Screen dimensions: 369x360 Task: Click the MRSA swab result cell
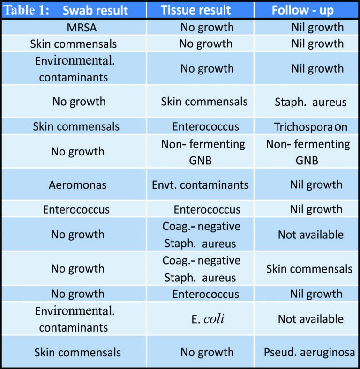(x=82, y=27)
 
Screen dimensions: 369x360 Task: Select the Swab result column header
(x=95, y=10)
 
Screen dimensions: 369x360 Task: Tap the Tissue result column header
(x=195, y=10)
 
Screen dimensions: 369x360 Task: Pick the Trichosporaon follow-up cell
(x=311, y=127)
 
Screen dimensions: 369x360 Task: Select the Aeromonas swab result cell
(x=77, y=185)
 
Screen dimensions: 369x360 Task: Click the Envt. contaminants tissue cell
(x=200, y=185)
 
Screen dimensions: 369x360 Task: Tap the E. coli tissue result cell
(x=207, y=319)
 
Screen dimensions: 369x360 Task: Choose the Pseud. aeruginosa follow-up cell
(x=310, y=352)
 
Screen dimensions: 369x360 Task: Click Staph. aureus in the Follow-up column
(x=310, y=102)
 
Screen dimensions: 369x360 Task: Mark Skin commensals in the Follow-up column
(x=309, y=269)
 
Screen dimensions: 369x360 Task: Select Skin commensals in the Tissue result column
(x=204, y=102)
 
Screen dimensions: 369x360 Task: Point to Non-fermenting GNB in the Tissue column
(x=203, y=152)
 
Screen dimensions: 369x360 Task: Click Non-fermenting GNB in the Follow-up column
(x=308, y=152)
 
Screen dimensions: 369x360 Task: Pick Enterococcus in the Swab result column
(x=76, y=209)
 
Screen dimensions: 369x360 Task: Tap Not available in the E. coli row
(x=310, y=319)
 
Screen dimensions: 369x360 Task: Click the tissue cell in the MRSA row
(x=207, y=27)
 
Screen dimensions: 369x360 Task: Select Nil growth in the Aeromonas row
(x=316, y=185)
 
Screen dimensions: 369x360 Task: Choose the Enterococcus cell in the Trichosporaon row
(x=205, y=127)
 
